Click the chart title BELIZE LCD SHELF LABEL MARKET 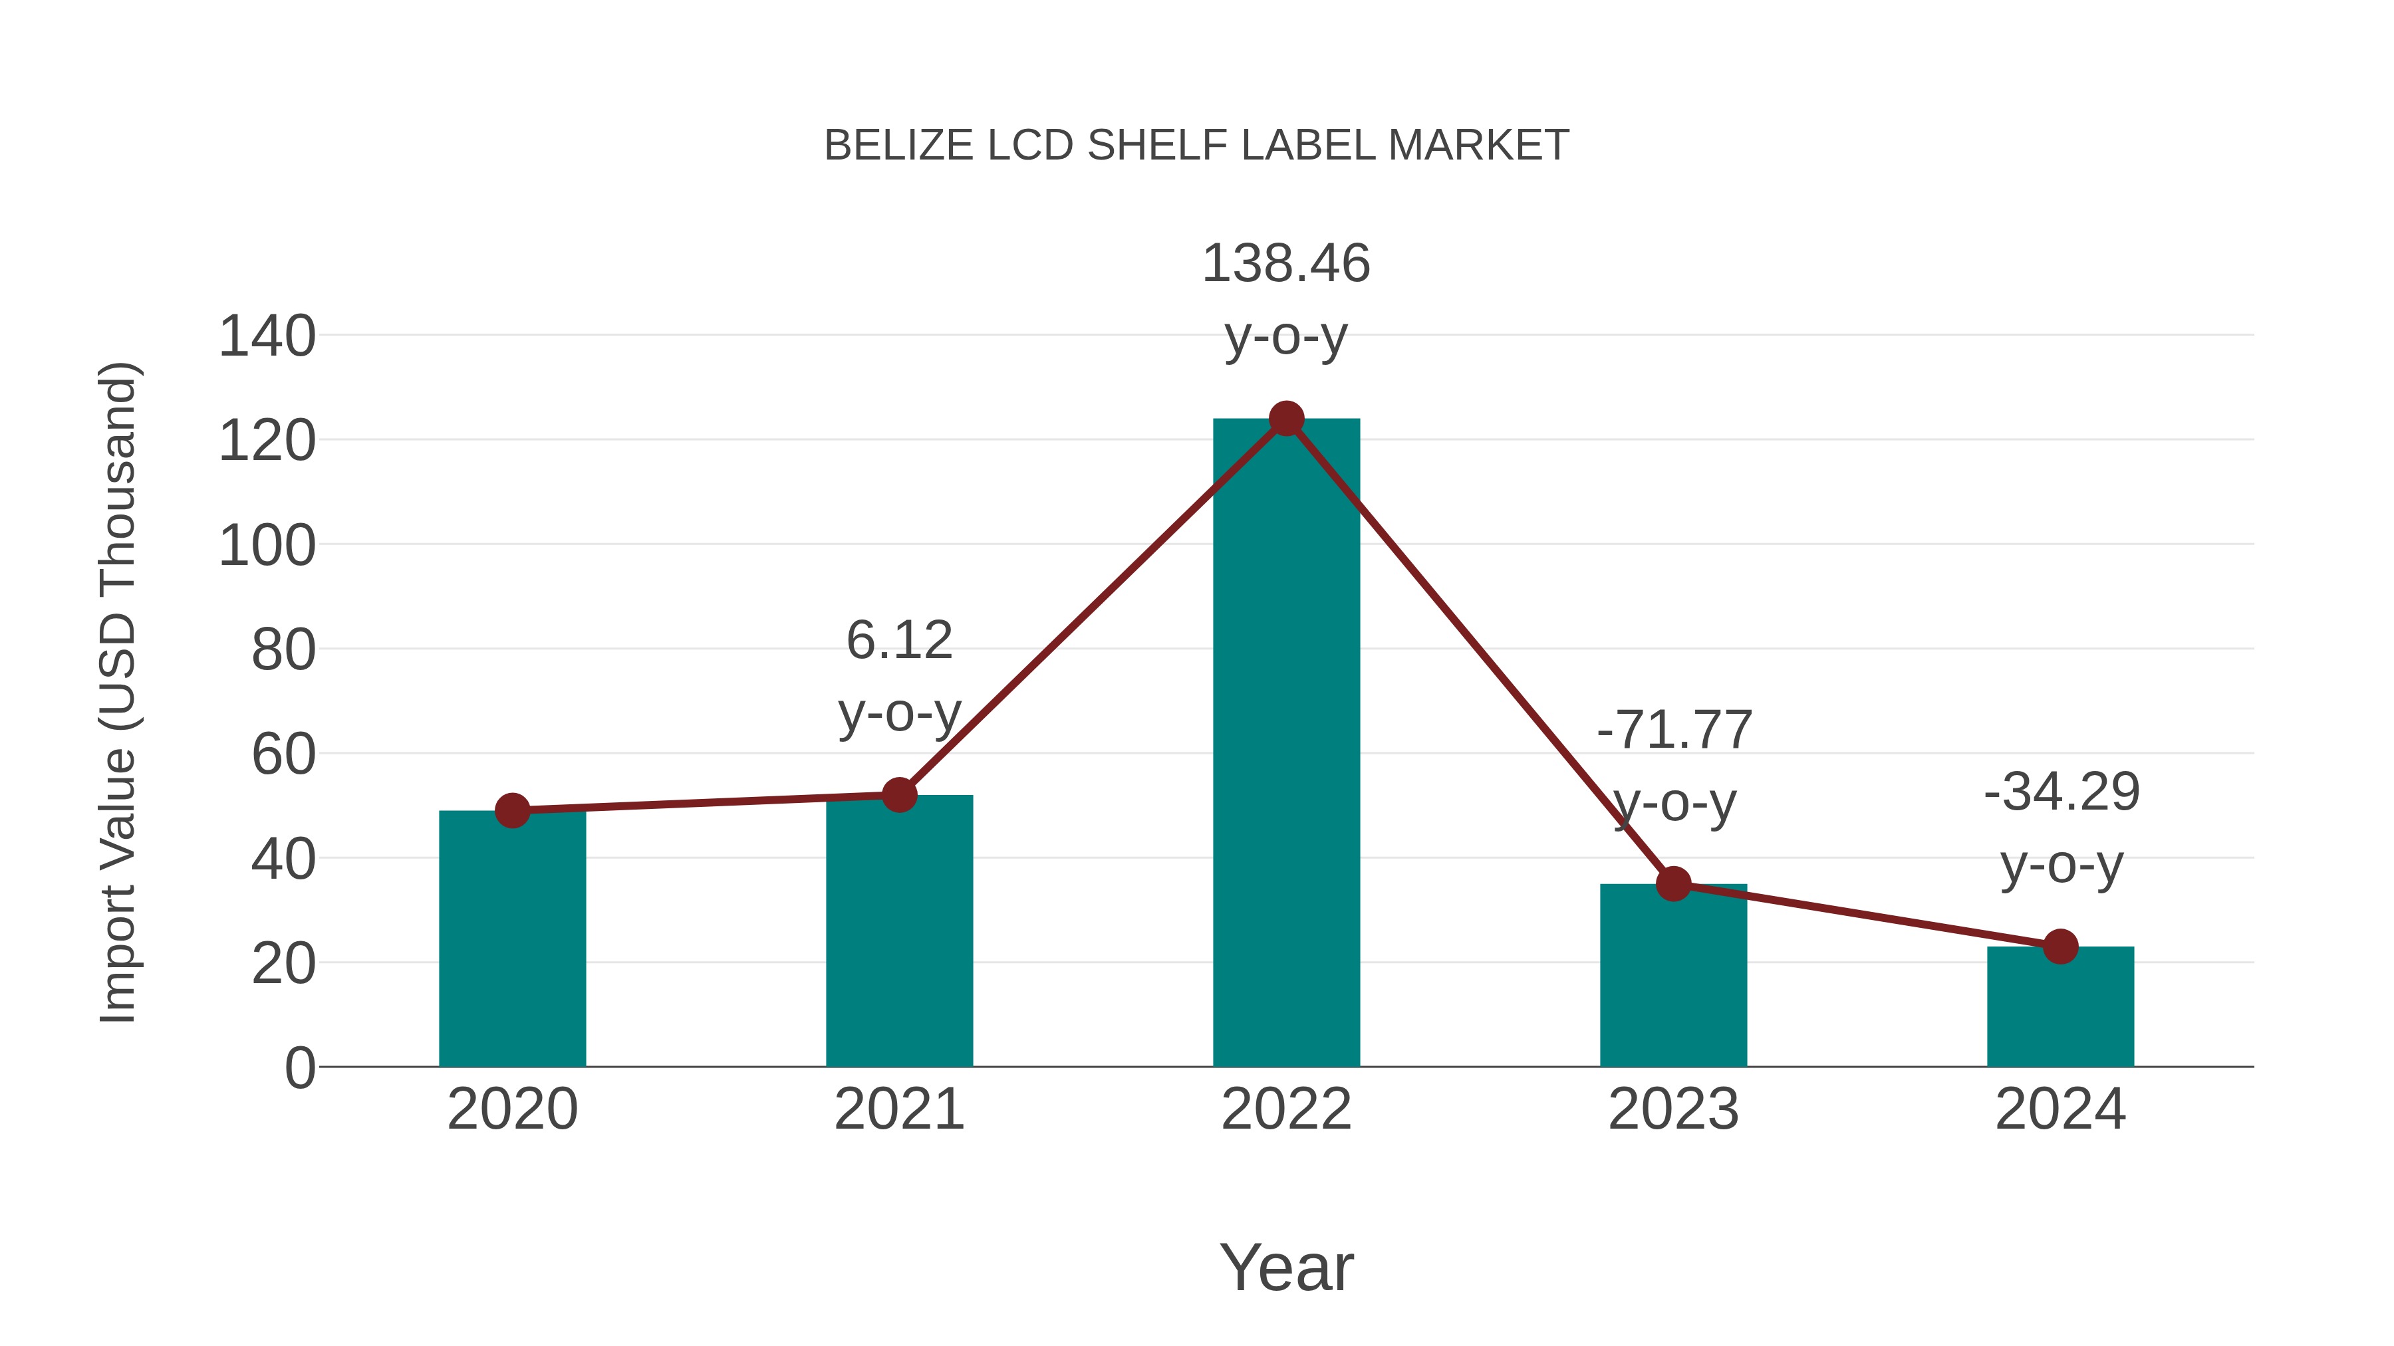point(1196,146)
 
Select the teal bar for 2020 point(512,938)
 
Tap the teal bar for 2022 point(1285,743)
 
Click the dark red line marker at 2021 point(898,795)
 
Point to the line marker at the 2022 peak point(1285,419)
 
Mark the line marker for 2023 point(1673,883)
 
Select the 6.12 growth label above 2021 point(898,641)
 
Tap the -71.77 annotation point(1673,730)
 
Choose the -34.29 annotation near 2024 point(2060,792)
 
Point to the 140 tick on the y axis point(267,336)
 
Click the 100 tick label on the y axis point(267,546)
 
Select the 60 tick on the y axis point(283,754)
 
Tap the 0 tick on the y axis point(299,1068)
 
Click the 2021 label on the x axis point(898,1109)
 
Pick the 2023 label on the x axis point(1673,1109)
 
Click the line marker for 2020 point(512,811)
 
